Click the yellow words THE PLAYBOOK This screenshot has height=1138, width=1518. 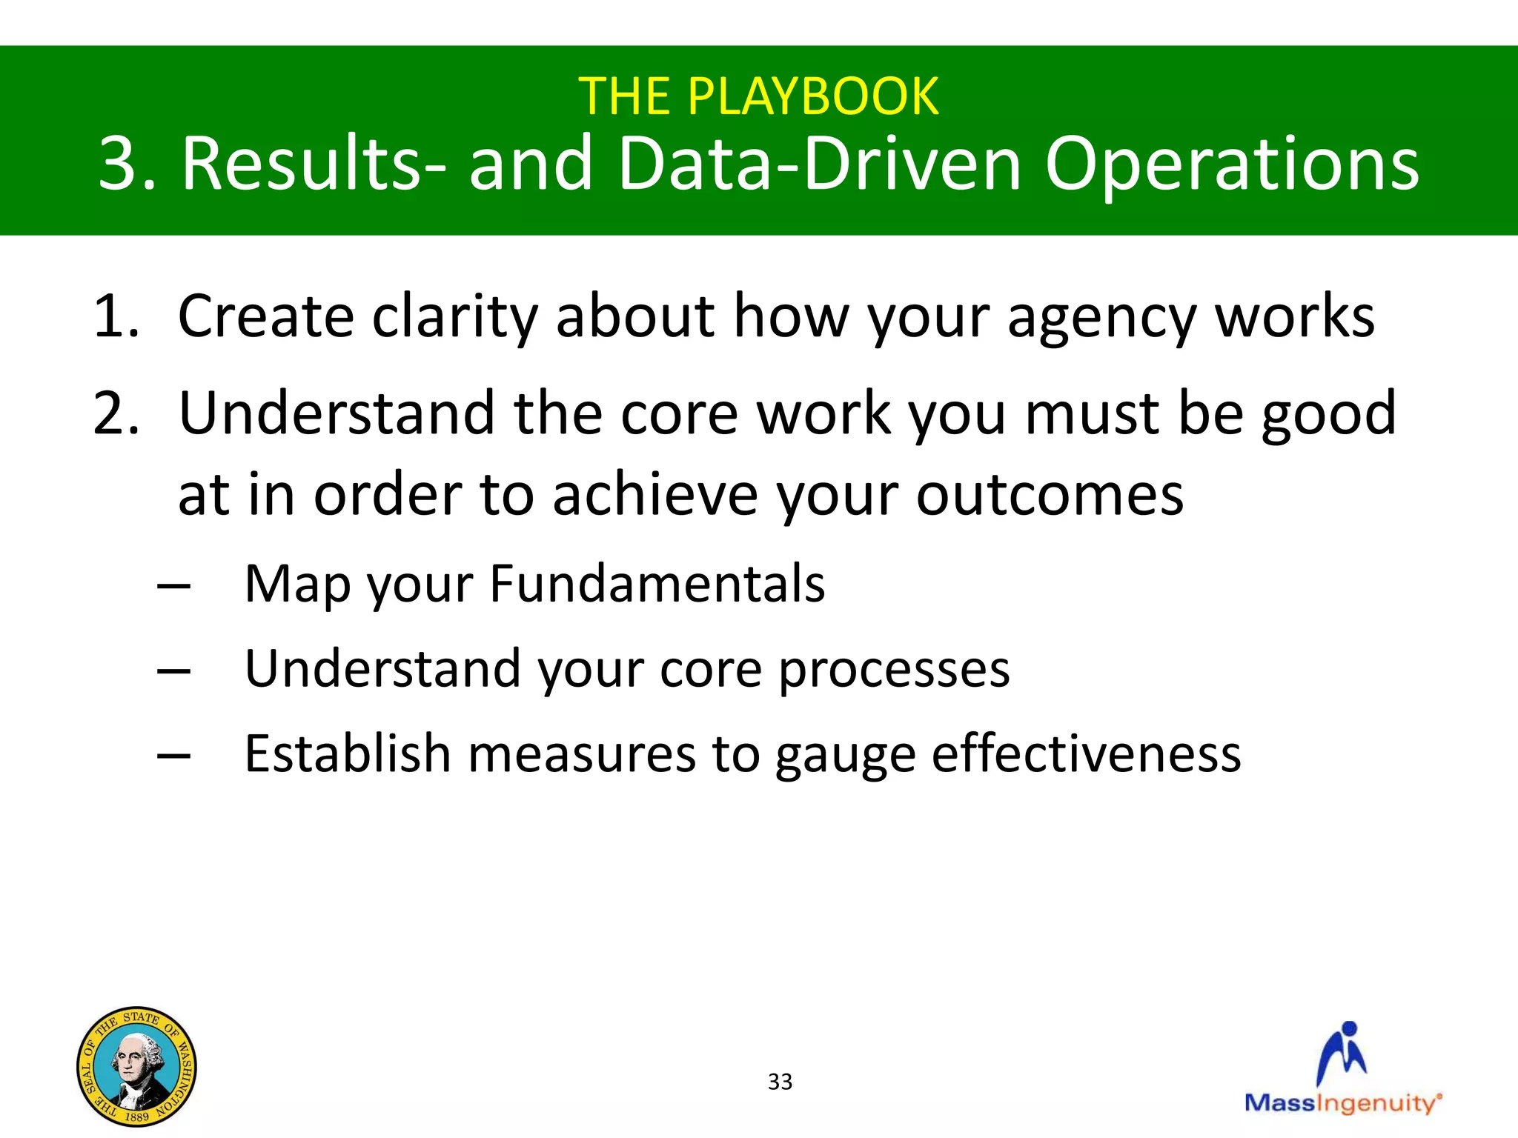(758, 97)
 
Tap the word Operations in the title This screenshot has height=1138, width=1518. (1231, 164)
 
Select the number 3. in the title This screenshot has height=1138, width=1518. (127, 164)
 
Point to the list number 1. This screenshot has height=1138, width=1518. (116, 317)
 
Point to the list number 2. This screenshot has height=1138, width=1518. (116, 414)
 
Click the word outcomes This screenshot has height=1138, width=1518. (1050, 496)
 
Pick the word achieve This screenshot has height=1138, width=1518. (655, 496)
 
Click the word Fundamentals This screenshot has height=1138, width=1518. (657, 585)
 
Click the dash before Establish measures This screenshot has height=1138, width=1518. (174, 756)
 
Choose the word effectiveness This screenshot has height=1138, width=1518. (1086, 754)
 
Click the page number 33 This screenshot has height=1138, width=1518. (780, 1082)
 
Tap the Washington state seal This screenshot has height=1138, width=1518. (137, 1066)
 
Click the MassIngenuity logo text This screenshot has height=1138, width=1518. (1342, 1103)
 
